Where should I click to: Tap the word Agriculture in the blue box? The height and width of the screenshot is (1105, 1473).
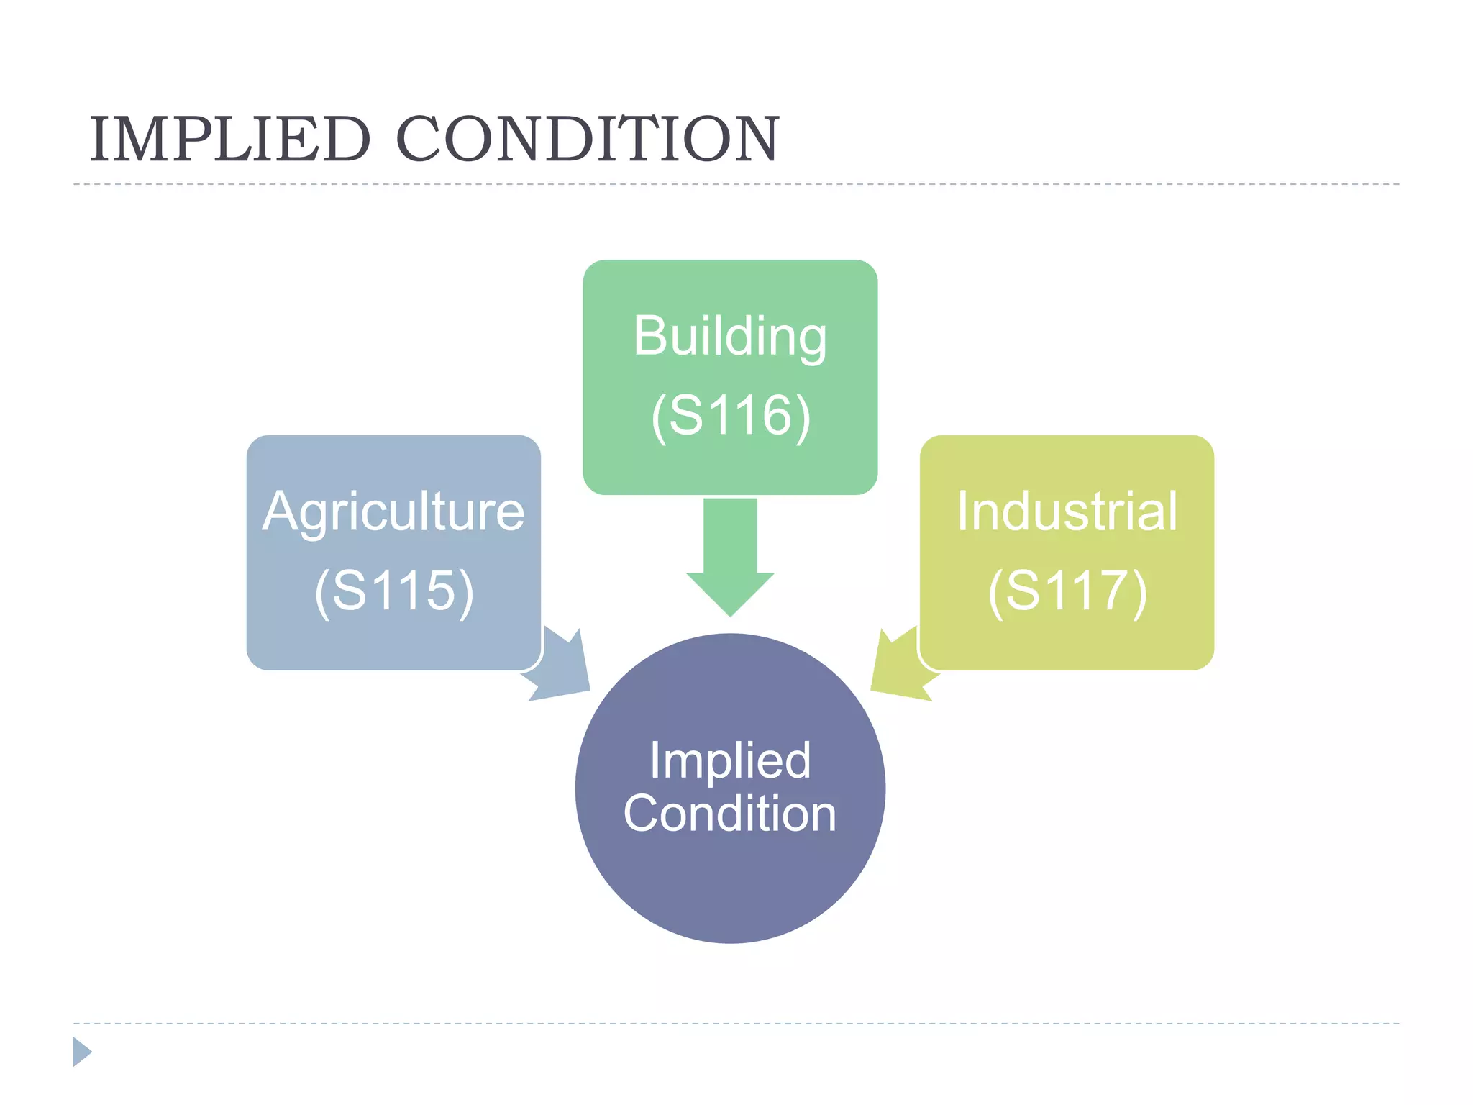point(393,512)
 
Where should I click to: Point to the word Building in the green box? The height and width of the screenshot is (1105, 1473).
point(730,337)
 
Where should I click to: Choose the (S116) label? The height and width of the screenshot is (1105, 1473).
point(731,416)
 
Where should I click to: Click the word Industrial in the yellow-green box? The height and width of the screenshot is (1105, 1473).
point(1067,512)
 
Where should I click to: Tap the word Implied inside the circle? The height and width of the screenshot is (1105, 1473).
point(730,760)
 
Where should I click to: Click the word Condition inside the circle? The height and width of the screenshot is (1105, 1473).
point(730,814)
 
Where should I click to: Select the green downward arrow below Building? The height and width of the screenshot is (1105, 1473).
point(730,558)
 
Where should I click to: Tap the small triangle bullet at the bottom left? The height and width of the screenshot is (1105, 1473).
point(81,1052)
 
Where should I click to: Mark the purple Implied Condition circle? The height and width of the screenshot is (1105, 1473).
point(730,885)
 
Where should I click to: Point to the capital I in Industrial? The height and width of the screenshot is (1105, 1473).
point(962,511)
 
